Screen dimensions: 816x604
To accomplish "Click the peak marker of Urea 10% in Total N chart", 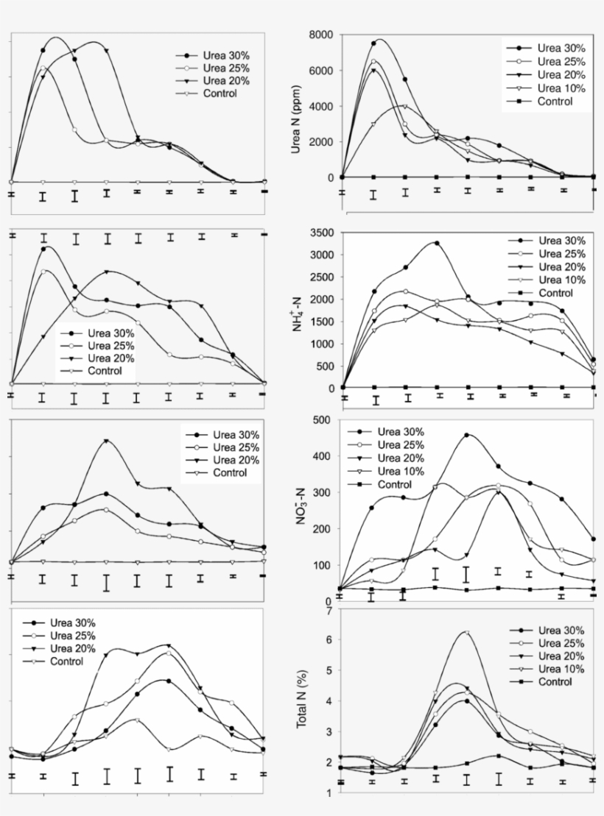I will tap(466, 633).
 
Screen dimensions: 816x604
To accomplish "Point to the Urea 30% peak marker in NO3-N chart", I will tap(467, 435).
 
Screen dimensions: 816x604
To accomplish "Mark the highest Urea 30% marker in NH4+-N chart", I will tap(436, 243).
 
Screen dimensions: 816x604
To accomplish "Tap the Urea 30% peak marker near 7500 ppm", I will tap(374, 43).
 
